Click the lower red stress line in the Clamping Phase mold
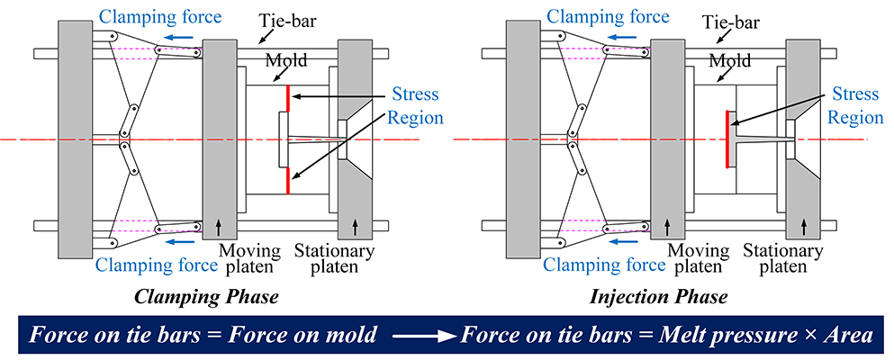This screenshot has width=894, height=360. click(x=288, y=180)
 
